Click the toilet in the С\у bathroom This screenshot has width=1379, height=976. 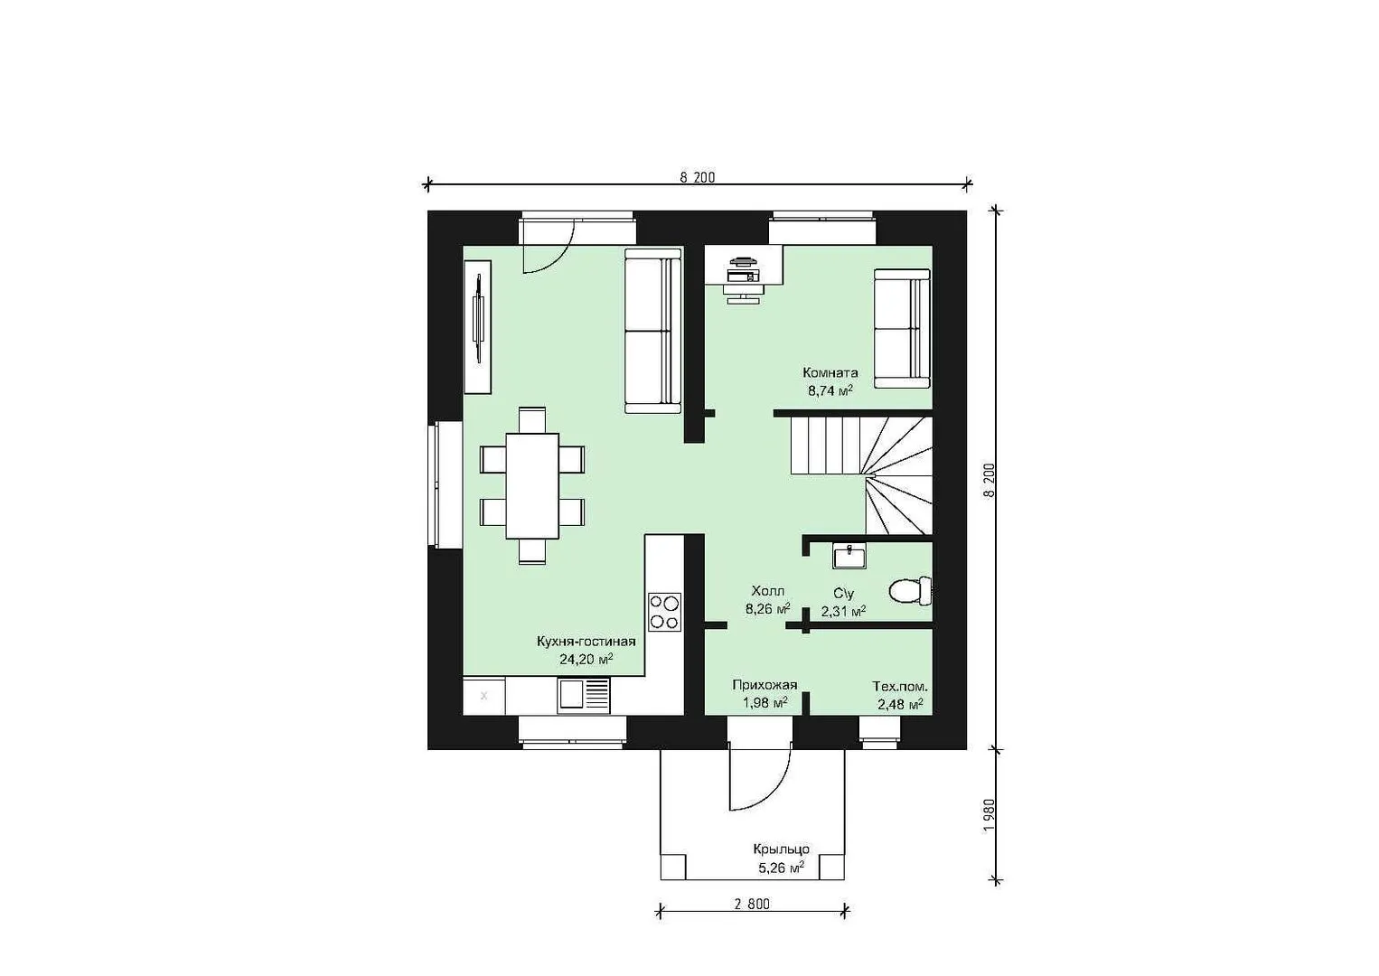pos(911,591)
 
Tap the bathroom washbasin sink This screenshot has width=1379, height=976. pos(849,556)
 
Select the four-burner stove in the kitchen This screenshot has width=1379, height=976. pos(664,612)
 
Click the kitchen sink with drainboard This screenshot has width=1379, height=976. pos(584,696)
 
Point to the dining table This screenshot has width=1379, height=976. pos(532,486)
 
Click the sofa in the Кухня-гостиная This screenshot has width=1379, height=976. pos(653,330)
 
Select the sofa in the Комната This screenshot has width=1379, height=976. pos(902,329)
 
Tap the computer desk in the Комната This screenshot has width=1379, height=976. pos(744,266)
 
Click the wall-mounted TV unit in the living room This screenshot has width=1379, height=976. pos(477,326)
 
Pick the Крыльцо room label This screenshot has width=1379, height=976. pos(782,849)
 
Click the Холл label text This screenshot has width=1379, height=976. pos(768,591)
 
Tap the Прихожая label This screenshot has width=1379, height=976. pos(765,685)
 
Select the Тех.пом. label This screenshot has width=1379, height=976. pos(899,686)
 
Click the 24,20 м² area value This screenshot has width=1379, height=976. pos(586,660)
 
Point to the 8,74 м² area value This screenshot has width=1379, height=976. pos(830,389)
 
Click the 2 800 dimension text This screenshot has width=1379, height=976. pos(752,904)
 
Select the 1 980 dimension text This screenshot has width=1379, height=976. pos(990,815)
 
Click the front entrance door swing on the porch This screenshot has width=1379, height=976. pos(759,776)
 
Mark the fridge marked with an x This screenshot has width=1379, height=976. pos(483,696)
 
